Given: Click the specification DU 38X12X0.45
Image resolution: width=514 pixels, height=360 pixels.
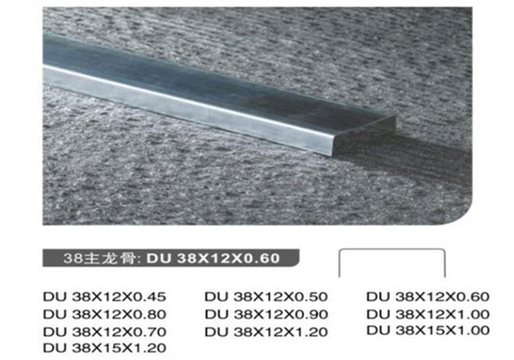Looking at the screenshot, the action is point(105,297).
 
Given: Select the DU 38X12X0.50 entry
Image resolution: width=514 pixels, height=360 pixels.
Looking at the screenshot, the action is point(266,297).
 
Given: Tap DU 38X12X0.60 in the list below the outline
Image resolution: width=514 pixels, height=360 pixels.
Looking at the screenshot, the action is point(427,297).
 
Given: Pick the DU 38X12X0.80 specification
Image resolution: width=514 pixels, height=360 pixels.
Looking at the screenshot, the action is point(105,315).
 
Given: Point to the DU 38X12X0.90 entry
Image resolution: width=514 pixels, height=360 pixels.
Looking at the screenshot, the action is point(266,315).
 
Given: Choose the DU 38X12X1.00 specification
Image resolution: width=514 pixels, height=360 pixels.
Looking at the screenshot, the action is point(427,315).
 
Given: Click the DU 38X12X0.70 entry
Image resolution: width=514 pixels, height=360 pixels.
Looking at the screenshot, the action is point(105,332).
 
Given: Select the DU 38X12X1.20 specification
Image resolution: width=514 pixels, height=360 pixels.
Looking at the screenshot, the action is point(266,332).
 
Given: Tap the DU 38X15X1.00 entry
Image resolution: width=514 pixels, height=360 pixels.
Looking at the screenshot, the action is point(427,330).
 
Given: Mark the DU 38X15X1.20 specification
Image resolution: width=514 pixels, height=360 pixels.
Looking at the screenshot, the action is point(105,347).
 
